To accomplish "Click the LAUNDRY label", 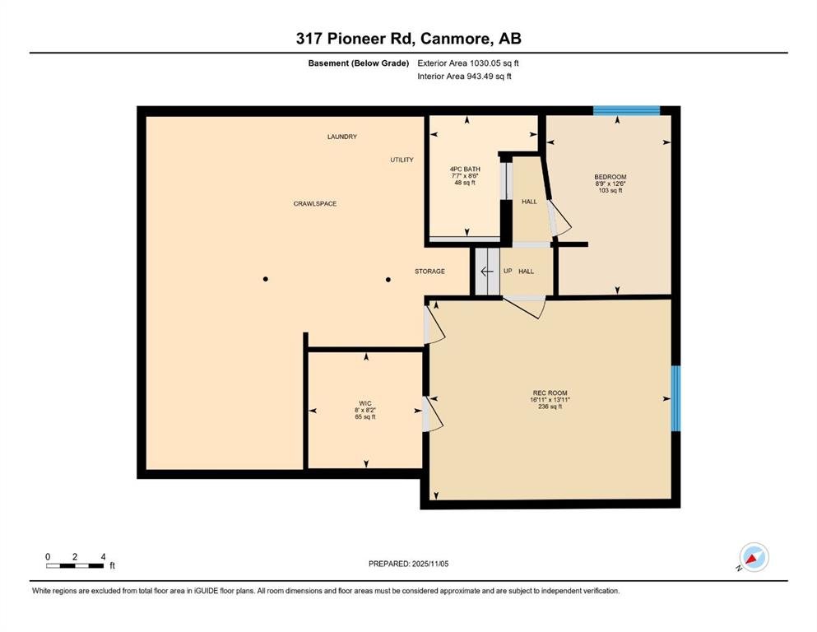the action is coord(341,137).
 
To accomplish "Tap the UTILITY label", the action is coord(402,160).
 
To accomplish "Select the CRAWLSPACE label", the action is coord(315,204).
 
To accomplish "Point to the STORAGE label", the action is coord(429,272).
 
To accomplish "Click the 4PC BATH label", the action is coord(465,170).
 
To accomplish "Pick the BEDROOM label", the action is coord(610,177).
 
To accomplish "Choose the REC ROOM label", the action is coord(550,393).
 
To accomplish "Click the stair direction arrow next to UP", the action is coord(486,272).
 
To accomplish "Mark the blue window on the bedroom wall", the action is coord(626,110).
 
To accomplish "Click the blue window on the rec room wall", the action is coord(675,398).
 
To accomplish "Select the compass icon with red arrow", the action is coord(754,557).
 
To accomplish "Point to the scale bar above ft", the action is coord(75,566).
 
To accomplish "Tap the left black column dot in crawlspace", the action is coord(266,279).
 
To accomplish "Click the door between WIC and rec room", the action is coord(432,414).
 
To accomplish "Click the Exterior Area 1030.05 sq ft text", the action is coord(468,63).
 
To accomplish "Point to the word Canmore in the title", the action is coord(455,39).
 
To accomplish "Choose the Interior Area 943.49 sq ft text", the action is coord(464,77).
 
